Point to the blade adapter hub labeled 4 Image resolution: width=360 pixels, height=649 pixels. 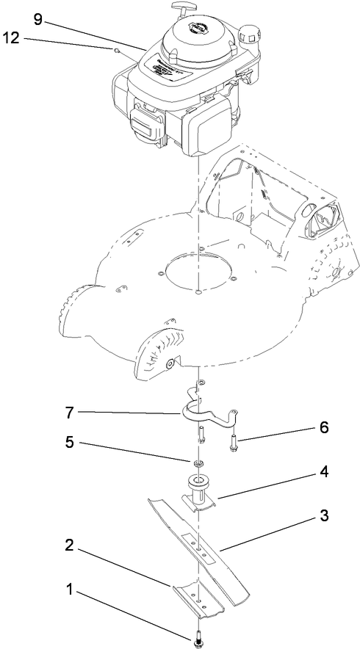(x=198, y=492)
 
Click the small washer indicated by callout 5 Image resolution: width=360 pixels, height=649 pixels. (x=198, y=464)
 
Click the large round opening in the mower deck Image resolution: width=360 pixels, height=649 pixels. (x=198, y=272)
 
